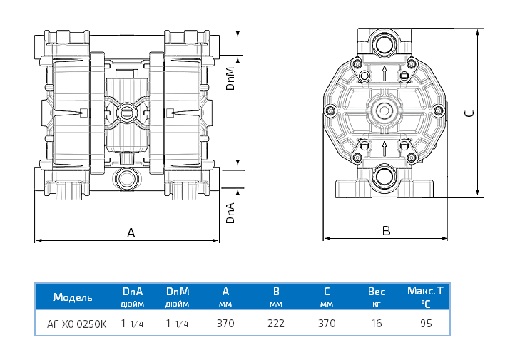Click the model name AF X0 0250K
coord(76,324)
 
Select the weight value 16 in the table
coord(376,324)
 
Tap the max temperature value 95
coord(425,324)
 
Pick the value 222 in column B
coord(275,324)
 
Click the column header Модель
coord(72,297)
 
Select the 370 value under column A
coord(225,324)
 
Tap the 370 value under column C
coord(327,324)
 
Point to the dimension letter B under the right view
coord(386,230)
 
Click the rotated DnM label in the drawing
coord(230,78)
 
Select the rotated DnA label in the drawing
coord(230,212)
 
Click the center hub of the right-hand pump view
coord(385,111)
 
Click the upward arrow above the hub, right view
coord(385,73)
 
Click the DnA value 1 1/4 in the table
coord(133,324)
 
